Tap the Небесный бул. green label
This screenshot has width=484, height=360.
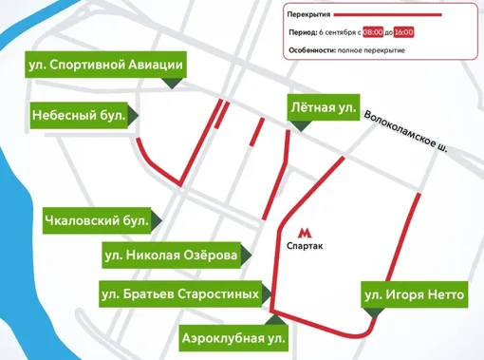[x=80, y=114]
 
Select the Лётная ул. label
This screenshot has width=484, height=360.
[x=323, y=108]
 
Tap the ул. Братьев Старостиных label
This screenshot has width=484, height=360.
[x=179, y=294]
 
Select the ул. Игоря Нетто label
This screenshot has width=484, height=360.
[x=415, y=295]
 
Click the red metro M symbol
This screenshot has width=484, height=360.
[x=304, y=231]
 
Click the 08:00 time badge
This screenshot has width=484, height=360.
[x=373, y=32]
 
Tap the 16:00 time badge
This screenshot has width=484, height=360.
[x=404, y=32]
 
